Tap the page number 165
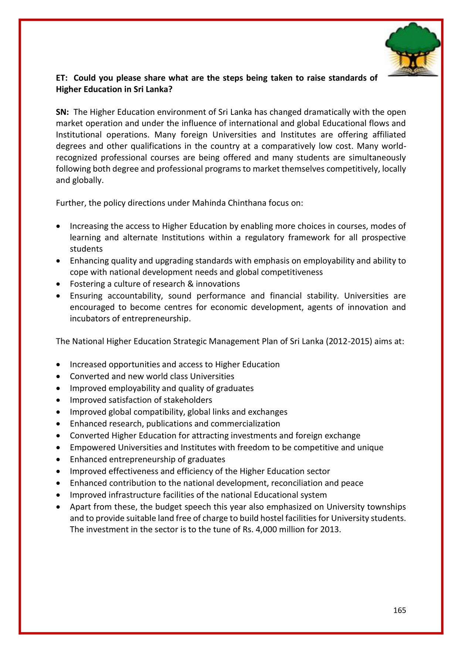pyautogui.click(x=400, y=611)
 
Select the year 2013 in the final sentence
pyautogui.click(x=330, y=530)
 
